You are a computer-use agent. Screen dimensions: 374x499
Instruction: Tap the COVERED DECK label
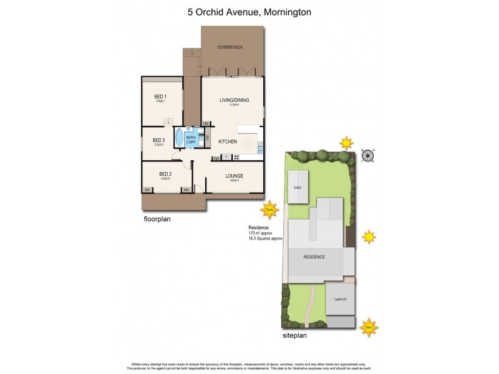(x=230, y=47)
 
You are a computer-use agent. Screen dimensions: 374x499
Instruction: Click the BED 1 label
(x=160, y=97)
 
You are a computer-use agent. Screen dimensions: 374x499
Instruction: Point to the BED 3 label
(x=158, y=141)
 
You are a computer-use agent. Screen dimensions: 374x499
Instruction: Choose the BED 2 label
(x=165, y=174)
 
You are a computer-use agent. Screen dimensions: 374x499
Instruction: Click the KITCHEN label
(x=227, y=141)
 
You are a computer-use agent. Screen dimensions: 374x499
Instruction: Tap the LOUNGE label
(x=235, y=176)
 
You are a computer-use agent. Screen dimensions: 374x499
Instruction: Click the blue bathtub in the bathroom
(x=180, y=138)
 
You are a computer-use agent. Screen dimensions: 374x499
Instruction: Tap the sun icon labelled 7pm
(x=270, y=210)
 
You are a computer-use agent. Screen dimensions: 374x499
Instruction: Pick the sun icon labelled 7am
(x=369, y=325)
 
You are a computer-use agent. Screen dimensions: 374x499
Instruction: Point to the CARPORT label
(x=340, y=299)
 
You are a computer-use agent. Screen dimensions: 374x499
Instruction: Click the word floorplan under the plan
(x=157, y=219)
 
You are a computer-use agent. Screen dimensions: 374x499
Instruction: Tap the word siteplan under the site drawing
(x=294, y=335)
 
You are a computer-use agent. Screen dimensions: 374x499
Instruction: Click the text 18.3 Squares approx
(x=266, y=239)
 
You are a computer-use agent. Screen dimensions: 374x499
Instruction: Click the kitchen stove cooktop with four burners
(x=236, y=156)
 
